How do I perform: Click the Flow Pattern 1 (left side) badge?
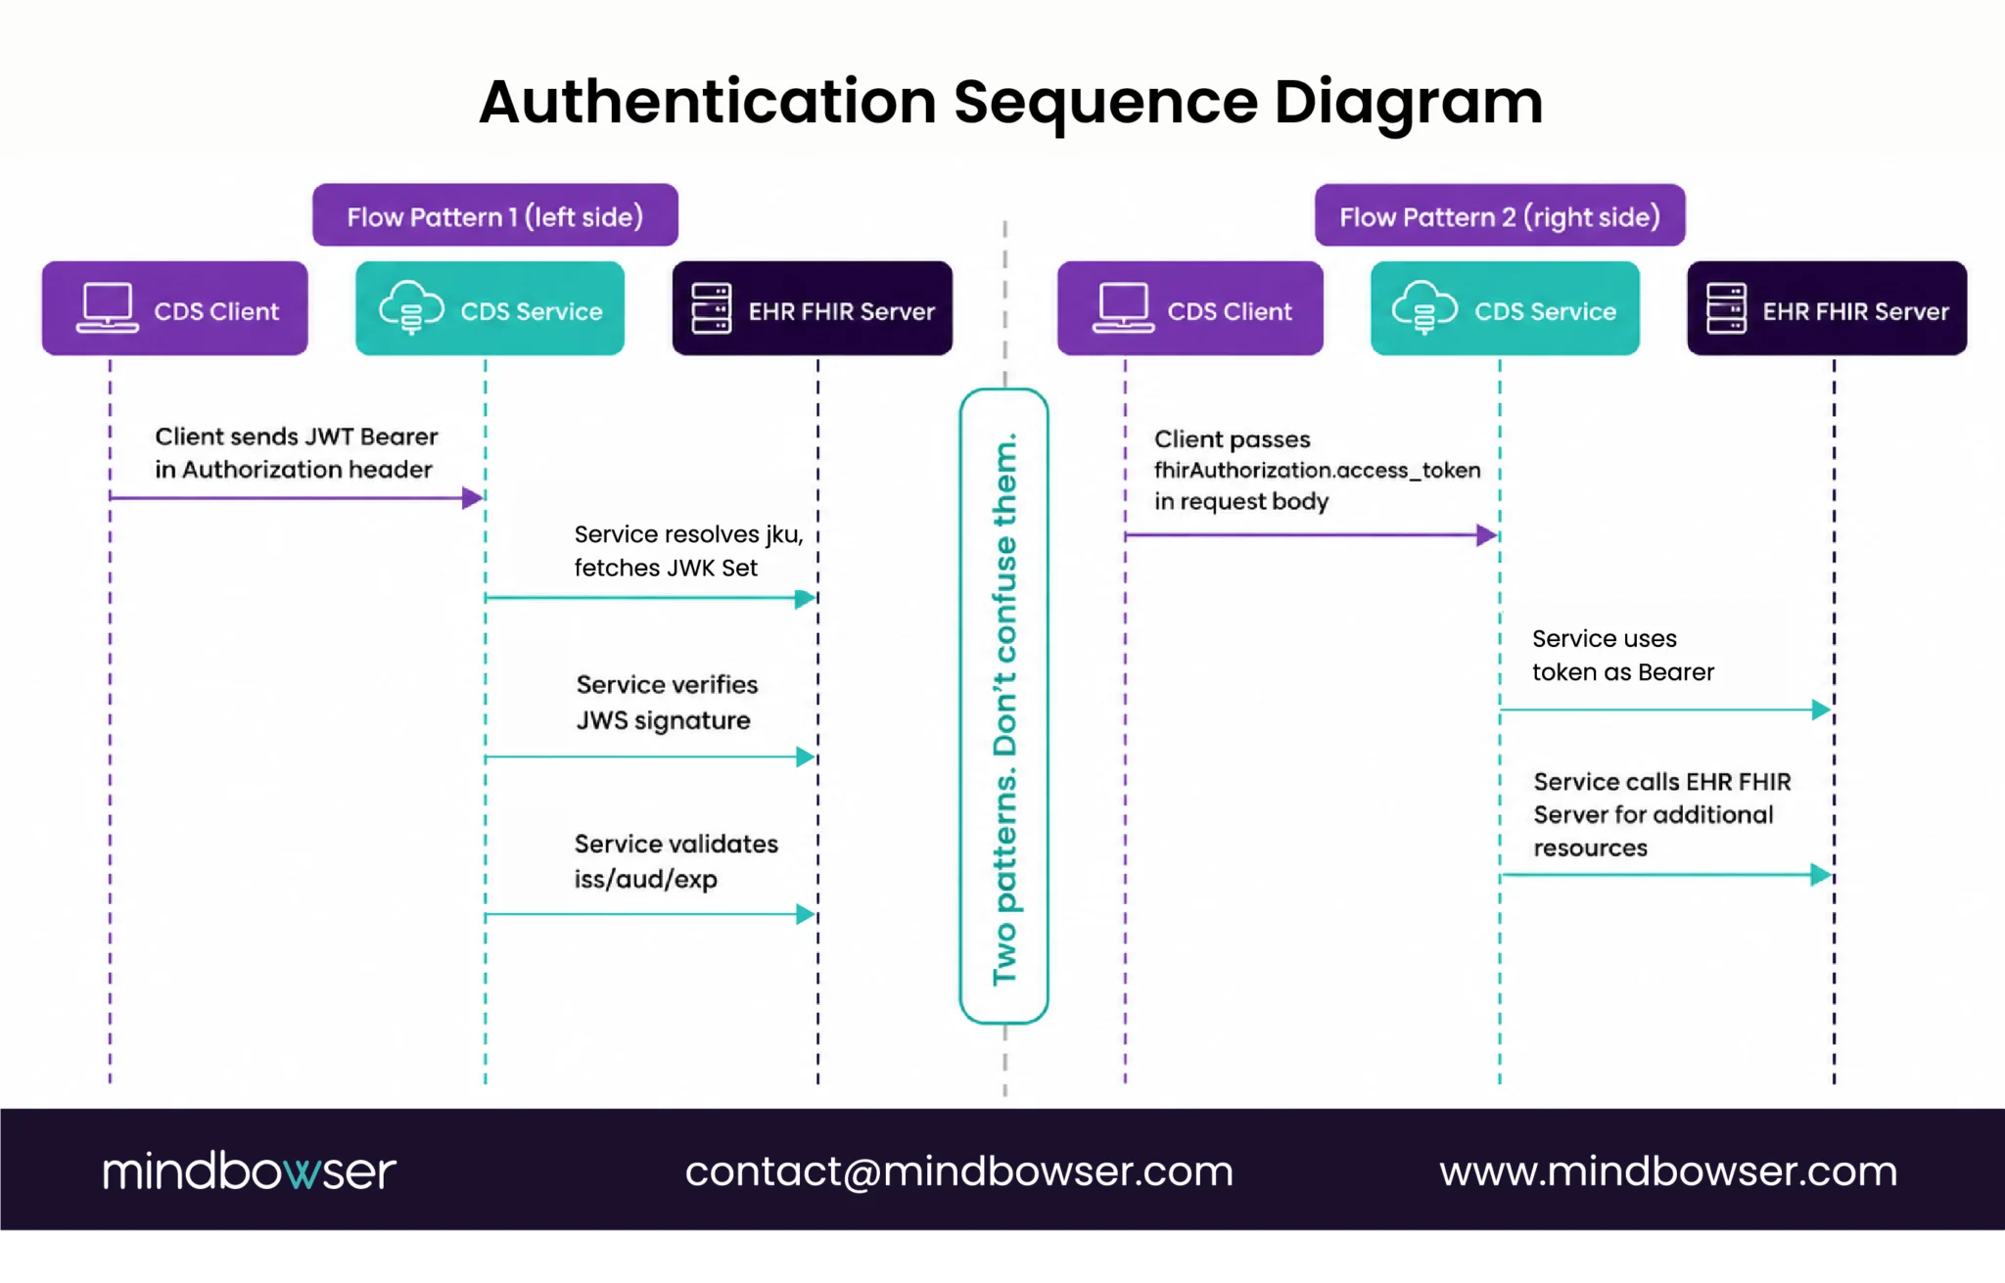[x=494, y=215]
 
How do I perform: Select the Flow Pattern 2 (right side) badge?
[x=1499, y=215]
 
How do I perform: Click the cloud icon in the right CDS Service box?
[x=1424, y=306]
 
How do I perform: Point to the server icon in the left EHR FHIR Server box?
[x=711, y=308]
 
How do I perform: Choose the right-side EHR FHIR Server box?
[x=1827, y=308]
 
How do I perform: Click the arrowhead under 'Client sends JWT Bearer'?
[x=473, y=498]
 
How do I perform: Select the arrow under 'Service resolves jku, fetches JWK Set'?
[x=650, y=598]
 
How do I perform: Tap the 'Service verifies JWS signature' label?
[x=667, y=703]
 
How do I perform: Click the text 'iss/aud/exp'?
[x=646, y=879]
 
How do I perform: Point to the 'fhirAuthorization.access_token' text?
[x=1317, y=471]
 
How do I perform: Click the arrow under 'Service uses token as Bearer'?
[x=1665, y=710]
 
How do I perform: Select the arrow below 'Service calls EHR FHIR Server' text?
[x=1665, y=875]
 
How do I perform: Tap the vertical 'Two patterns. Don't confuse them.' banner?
[x=1004, y=707]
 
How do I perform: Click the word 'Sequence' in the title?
[x=1105, y=103]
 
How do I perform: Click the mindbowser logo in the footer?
[x=249, y=1170]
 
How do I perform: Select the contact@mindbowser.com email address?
[x=959, y=1171]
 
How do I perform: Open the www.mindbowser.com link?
[x=1668, y=1171]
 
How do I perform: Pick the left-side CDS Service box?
[x=490, y=308]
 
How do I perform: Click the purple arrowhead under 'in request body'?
[x=1487, y=535]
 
